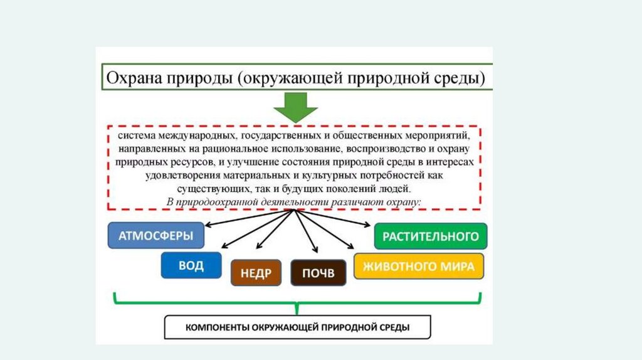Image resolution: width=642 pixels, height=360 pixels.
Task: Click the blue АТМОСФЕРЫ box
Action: tap(156, 236)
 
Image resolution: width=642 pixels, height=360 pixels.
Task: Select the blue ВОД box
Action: tap(191, 265)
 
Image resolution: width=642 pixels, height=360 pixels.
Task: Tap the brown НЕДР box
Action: tap(255, 273)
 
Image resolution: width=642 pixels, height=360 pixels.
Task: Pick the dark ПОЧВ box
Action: tap(318, 273)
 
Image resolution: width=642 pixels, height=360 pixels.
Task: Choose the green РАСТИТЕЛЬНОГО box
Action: tap(430, 236)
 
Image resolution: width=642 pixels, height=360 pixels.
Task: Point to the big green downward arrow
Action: tap(295, 108)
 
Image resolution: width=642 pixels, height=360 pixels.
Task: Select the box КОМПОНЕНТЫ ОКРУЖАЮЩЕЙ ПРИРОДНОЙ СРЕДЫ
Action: tap(298, 327)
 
